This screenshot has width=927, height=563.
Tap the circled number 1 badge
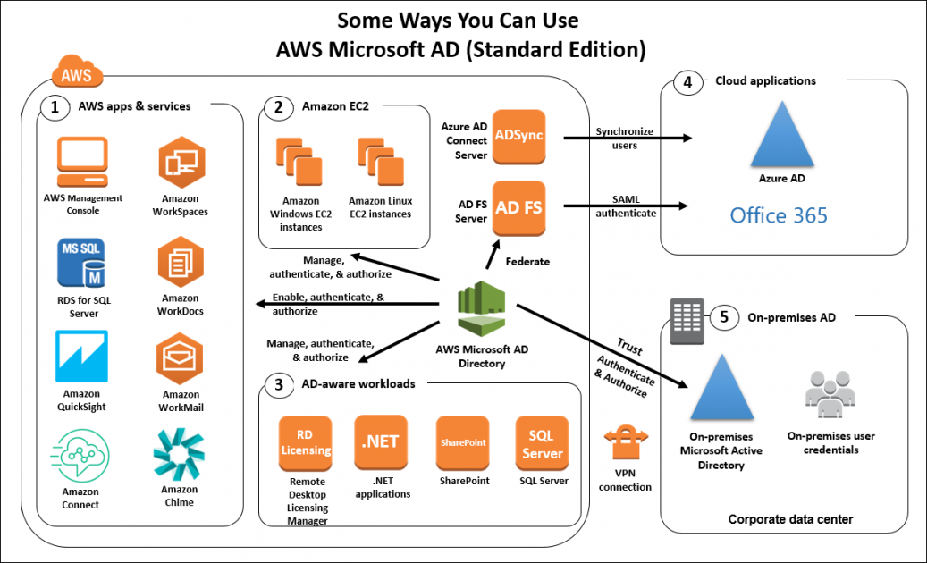tap(55, 108)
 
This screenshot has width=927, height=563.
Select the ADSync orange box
tap(518, 137)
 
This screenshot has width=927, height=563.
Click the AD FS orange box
tap(518, 207)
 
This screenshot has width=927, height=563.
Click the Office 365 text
tap(778, 215)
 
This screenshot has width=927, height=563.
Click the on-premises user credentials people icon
tap(830, 394)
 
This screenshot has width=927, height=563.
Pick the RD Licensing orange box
tap(306, 442)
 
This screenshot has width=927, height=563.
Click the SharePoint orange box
tap(462, 442)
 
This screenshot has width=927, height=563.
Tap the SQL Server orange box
tap(542, 442)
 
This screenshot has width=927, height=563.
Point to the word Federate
tap(527, 262)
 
